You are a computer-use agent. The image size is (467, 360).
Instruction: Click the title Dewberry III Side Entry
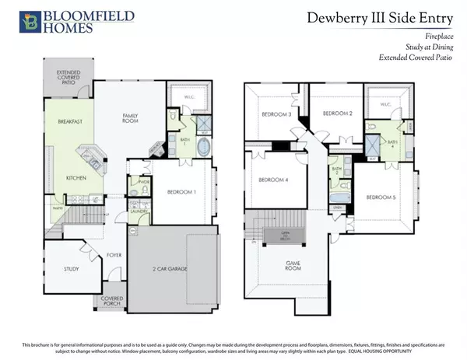tap(382, 16)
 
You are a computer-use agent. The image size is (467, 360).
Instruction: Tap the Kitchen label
tap(76, 178)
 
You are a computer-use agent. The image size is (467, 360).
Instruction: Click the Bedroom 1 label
tap(182, 191)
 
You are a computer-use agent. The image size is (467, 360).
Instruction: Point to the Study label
tap(72, 269)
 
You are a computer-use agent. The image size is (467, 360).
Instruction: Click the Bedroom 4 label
tap(273, 180)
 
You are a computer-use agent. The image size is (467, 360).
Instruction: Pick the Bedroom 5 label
tap(382, 197)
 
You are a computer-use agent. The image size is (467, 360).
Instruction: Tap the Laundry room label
tap(139, 211)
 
